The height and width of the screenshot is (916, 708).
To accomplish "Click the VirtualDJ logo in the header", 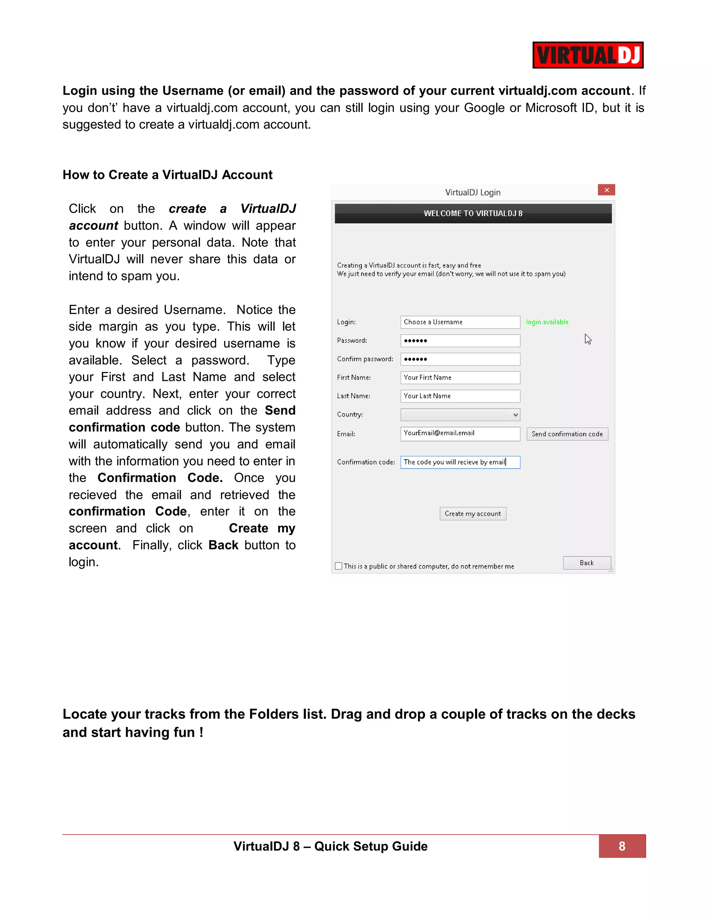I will coord(588,55).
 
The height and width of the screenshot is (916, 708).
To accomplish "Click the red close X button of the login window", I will coord(606,190).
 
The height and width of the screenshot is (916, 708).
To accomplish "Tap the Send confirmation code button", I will coord(567,434).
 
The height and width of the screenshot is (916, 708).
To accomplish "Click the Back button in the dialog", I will coord(586,562).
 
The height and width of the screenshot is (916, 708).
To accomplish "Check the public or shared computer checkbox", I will coord(338,566).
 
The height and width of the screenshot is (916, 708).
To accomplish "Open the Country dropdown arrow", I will coord(515,414).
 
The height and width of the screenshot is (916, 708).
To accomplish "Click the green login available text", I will coord(547,322).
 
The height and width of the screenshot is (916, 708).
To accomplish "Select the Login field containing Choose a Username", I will coord(460,322).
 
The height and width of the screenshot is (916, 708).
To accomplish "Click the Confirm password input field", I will coord(460,359).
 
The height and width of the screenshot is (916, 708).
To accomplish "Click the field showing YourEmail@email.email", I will coord(460,433).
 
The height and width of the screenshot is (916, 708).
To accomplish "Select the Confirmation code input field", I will coord(460,462).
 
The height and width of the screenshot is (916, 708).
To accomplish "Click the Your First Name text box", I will coord(460,377).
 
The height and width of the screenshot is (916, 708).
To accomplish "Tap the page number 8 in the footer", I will coord(622,846).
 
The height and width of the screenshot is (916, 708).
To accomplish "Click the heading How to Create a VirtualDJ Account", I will coord(167,175).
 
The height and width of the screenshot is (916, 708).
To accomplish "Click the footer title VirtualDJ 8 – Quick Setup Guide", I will coord(330,846).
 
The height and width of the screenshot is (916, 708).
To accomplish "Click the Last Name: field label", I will coord(353,396).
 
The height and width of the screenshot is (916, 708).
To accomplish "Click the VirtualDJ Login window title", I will coord(472,192).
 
